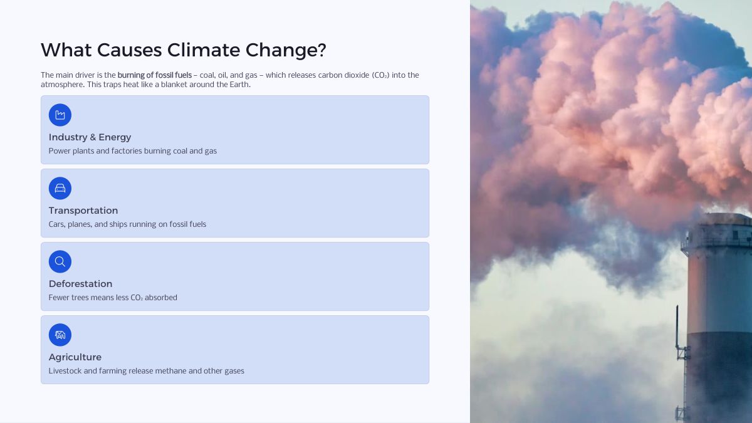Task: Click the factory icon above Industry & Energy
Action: [x=60, y=115]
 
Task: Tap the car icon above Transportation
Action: [x=60, y=189]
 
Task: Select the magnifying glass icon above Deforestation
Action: [x=60, y=261]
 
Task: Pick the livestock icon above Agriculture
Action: [x=60, y=335]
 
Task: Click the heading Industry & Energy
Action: [x=90, y=137]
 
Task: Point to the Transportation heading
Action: [x=83, y=211]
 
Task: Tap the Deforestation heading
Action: [x=81, y=284]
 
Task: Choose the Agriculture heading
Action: [x=75, y=357]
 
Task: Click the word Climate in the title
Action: [x=204, y=50]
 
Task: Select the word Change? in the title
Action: [x=286, y=51]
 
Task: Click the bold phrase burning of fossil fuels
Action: [x=154, y=75]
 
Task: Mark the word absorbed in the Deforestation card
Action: [x=161, y=298]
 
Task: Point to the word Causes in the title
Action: [x=129, y=50]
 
